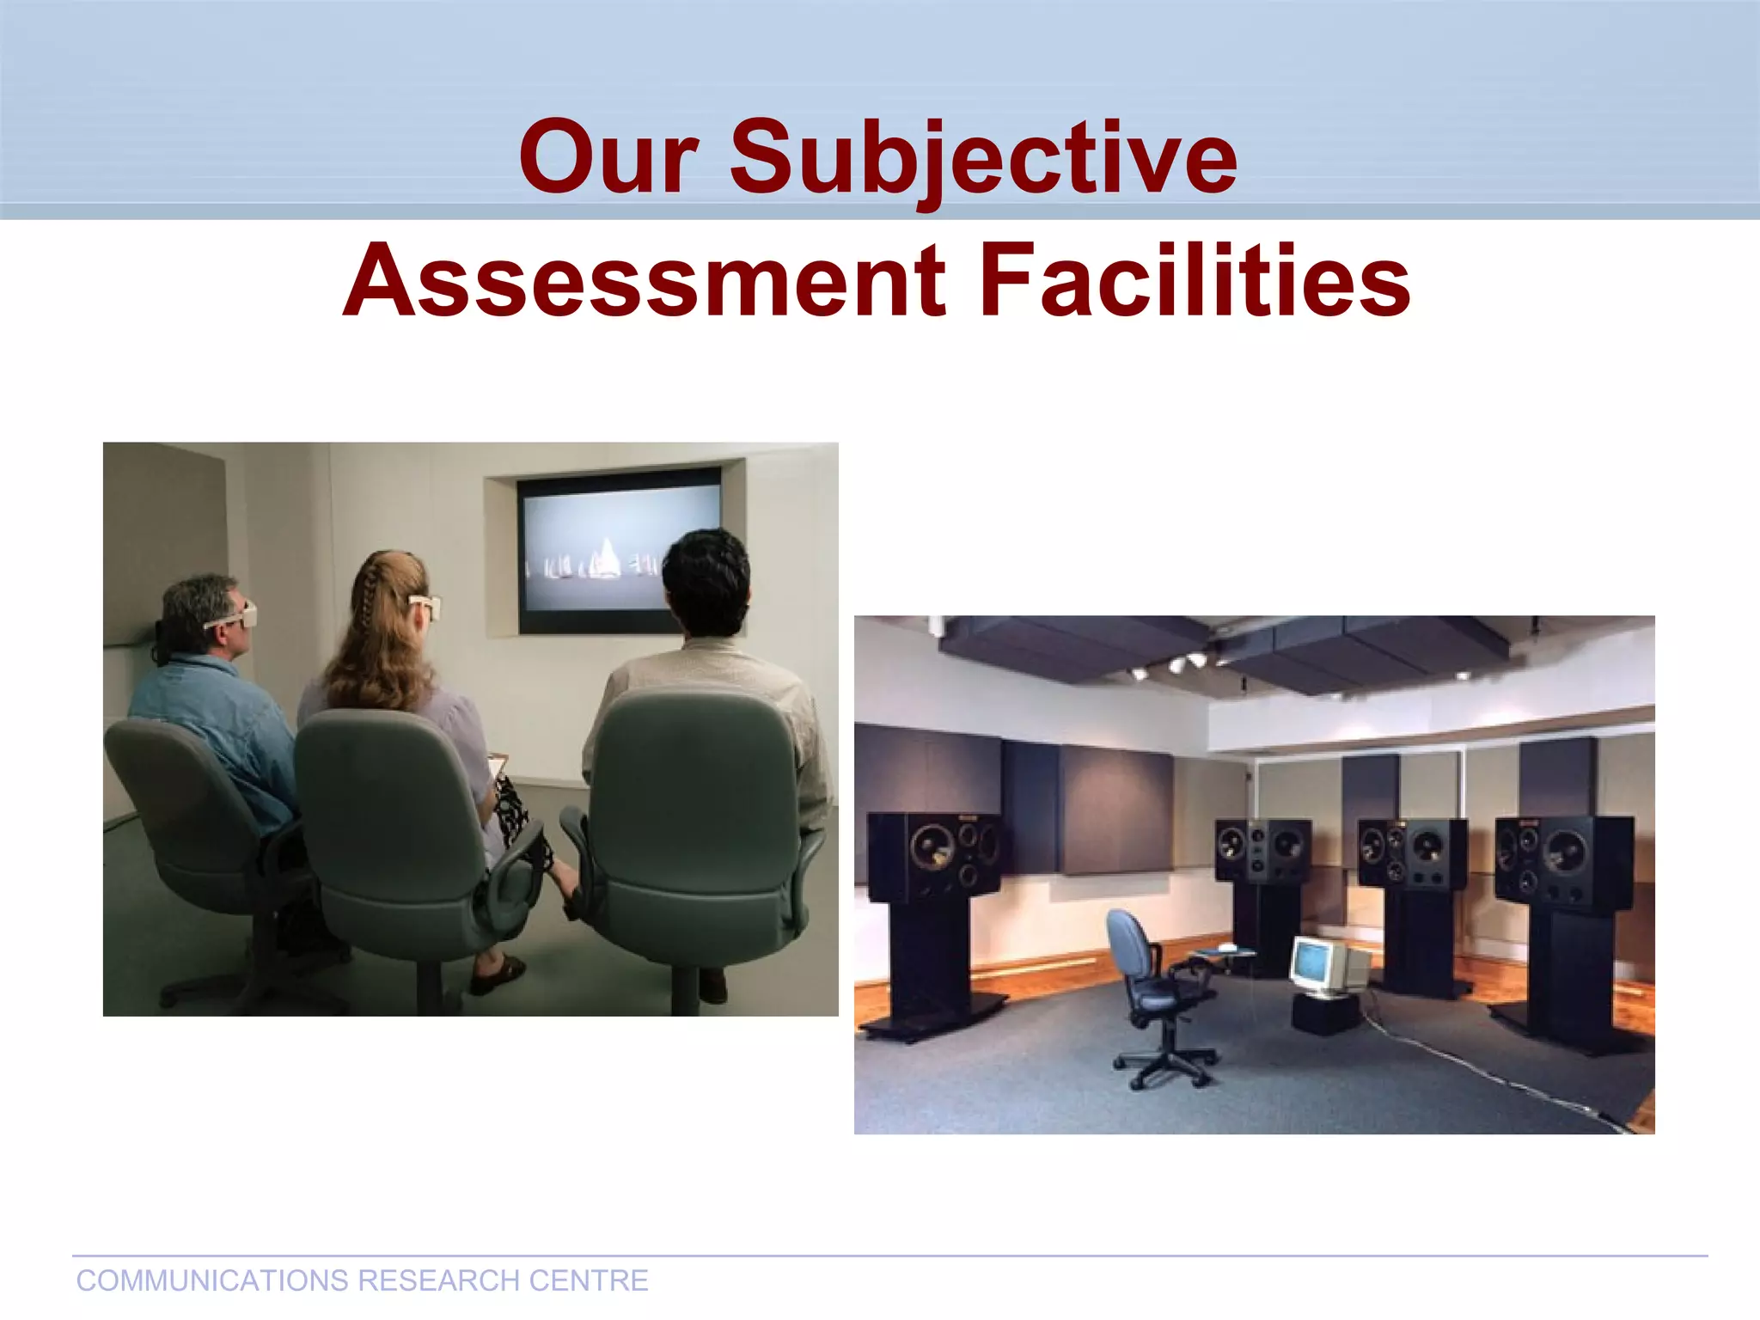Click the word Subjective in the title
pyautogui.click(x=983, y=157)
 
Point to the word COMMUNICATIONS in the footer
pyautogui.click(x=211, y=1280)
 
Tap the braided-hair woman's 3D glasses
pyautogui.click(x=425, y=605)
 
